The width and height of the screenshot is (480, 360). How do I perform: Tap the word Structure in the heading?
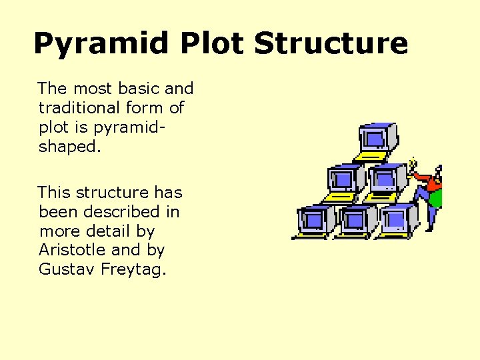click(x=331, y=44)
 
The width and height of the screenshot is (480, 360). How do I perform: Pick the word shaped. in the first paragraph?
click(x=70, y=147)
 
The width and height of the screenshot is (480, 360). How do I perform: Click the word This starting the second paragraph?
click(x=54, y=193)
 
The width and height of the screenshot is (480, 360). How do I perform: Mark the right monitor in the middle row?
click(x=385, y=179)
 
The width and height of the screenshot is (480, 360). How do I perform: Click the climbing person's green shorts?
click(x=436, y=199)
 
